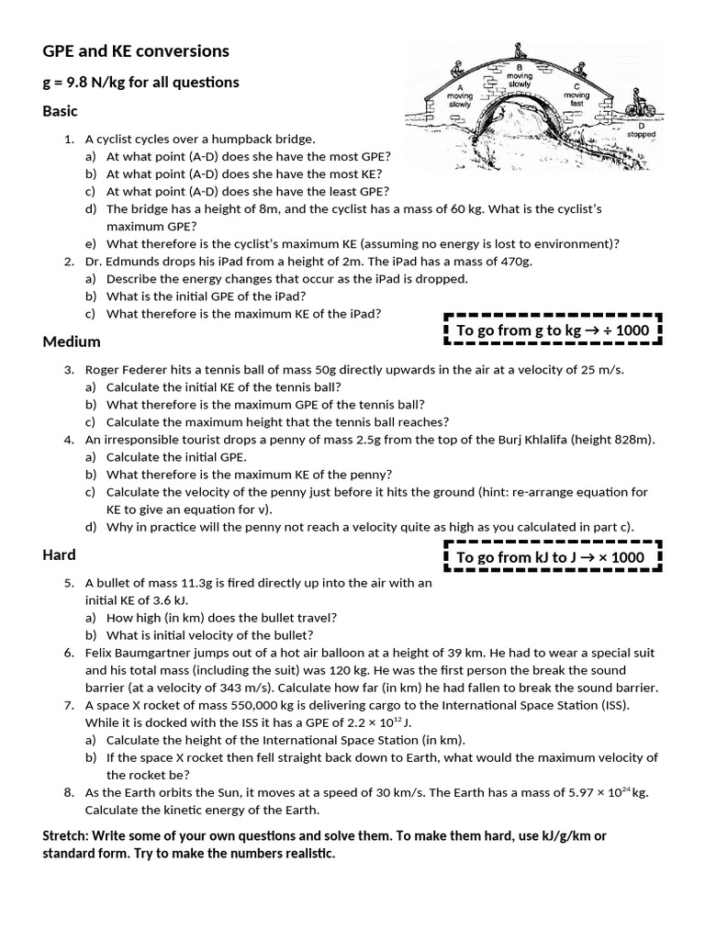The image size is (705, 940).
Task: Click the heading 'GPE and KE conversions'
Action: (x=136, y=51)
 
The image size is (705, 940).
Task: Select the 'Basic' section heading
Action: (x=61, y=111)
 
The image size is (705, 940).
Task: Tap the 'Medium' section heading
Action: (x=72, y=341)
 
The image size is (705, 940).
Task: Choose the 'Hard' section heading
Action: (x=59, y=554)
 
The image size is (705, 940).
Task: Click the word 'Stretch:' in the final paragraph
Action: (x=69, y=835)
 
